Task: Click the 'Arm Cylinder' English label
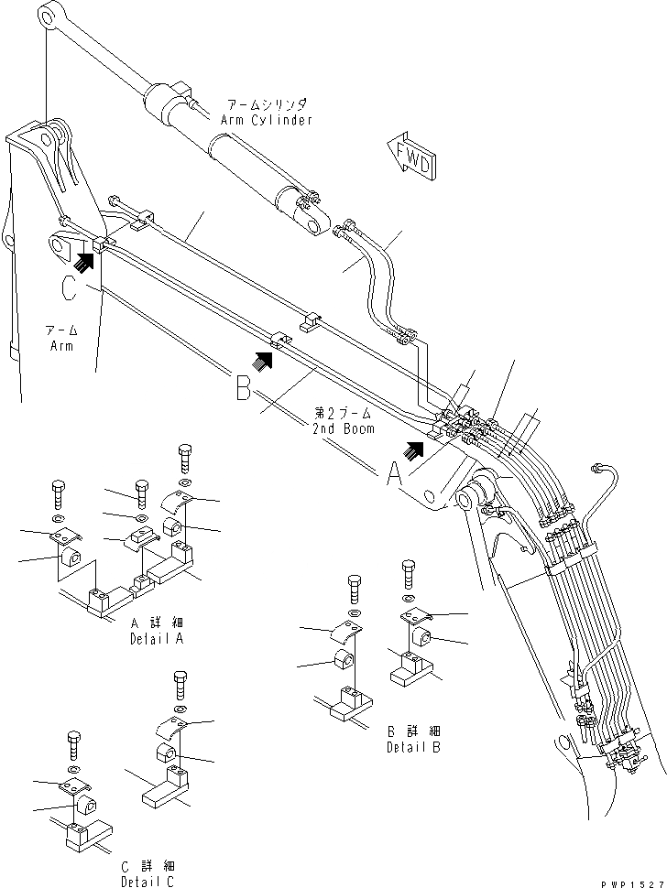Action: (266, 120)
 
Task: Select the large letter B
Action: (243, 389)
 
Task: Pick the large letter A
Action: (393, 474)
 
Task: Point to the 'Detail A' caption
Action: (157, 638)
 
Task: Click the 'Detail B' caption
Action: (410, 746)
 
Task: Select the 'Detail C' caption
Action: (146, 881)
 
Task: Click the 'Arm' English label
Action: (61, 346)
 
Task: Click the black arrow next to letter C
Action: (84, 263)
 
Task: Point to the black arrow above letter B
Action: (264, 360)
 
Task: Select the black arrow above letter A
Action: (416, 448)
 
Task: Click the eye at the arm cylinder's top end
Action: (50, 16)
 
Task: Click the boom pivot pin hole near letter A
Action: (465, 498)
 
